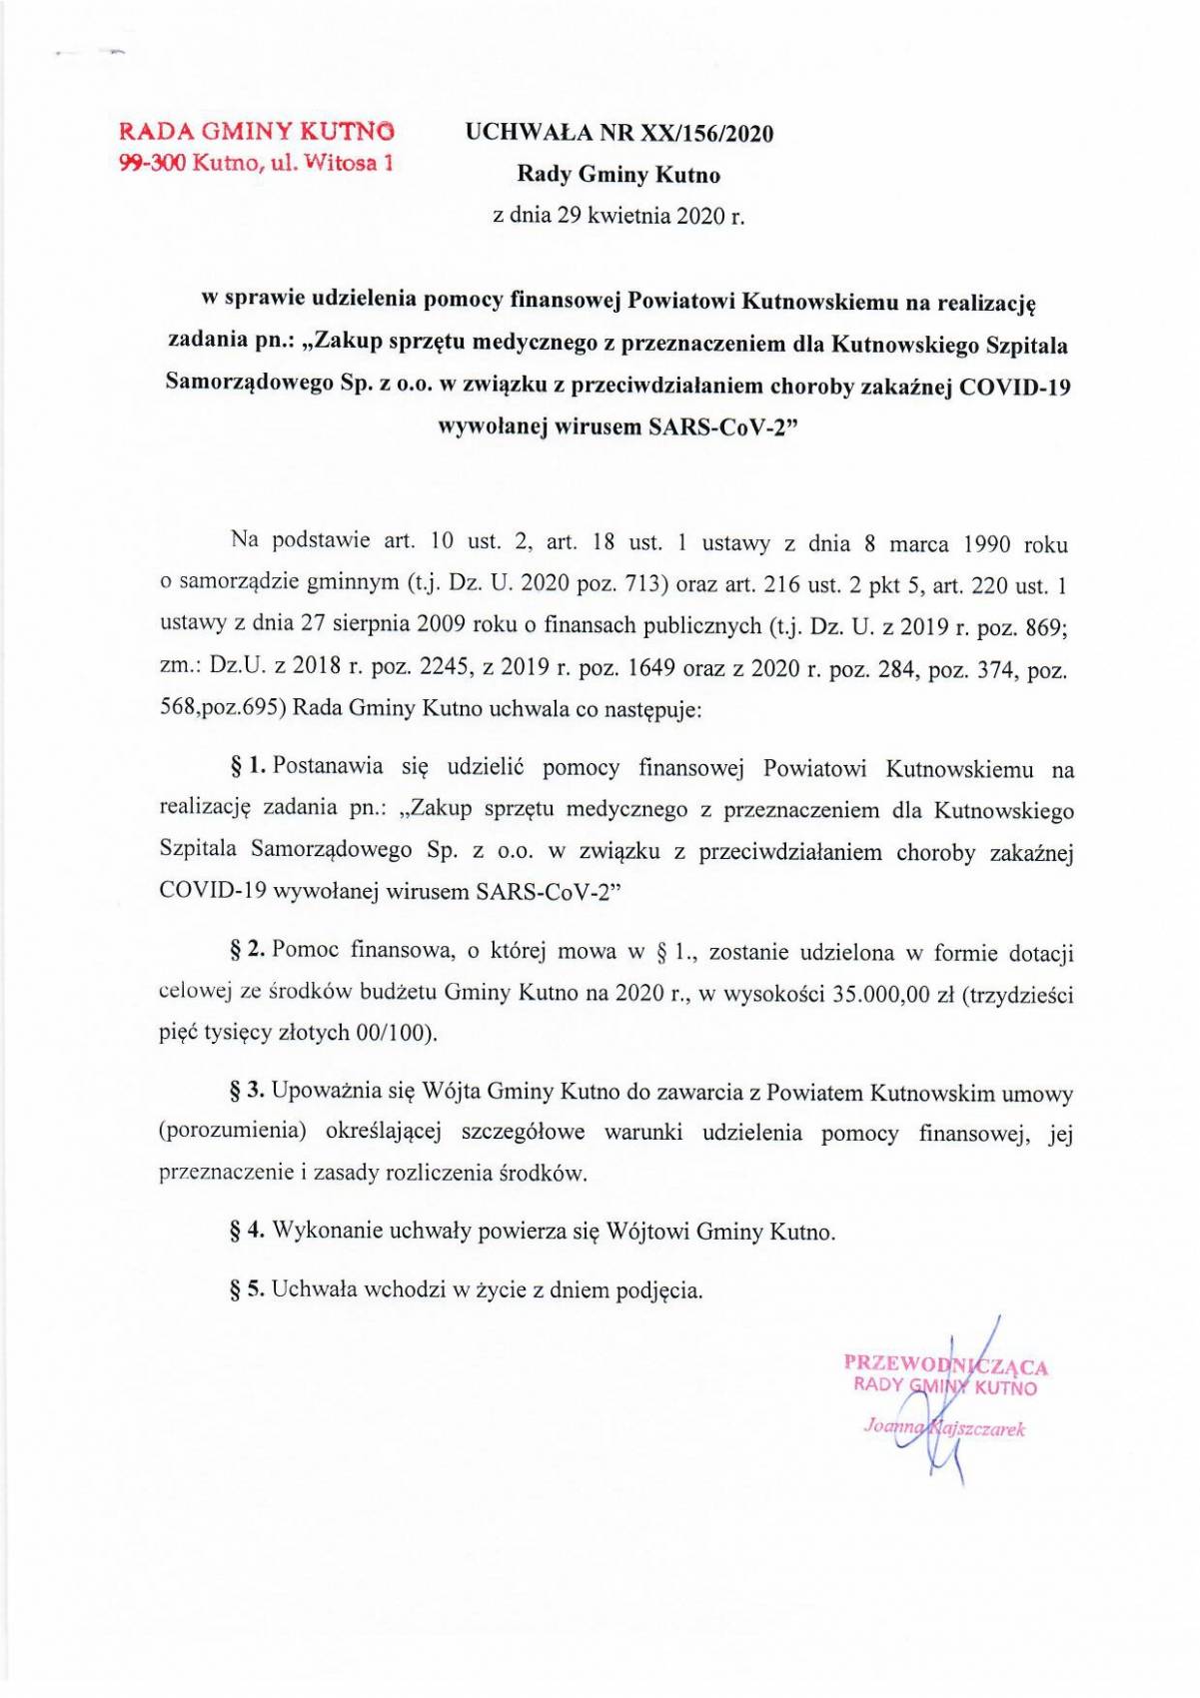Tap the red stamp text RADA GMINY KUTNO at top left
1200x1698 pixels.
tap(257, 131)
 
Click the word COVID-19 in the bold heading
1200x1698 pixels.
tap(1014, 387)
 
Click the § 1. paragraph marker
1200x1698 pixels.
tap(248, 767)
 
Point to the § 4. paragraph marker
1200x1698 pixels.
tap(248, 1232)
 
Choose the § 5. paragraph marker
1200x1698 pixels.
tap(248, 1289)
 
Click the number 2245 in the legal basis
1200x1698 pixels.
tap(438, 668)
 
